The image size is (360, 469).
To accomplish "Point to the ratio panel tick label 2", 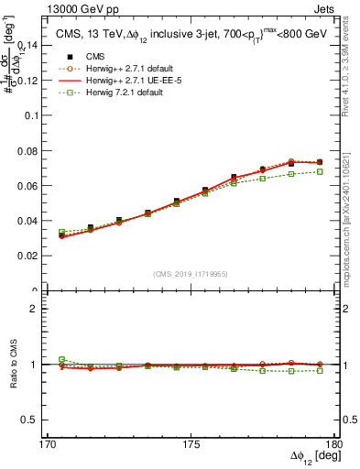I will pyautogui.click(x=42, y=309).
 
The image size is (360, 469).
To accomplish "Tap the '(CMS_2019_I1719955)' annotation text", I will pyautogui.click(x=191, y=274).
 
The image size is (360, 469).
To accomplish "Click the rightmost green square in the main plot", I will pyautogui.click(x=320, y=171).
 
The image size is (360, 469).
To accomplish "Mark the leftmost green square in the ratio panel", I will pyautogui.click(x=62, y=360).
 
